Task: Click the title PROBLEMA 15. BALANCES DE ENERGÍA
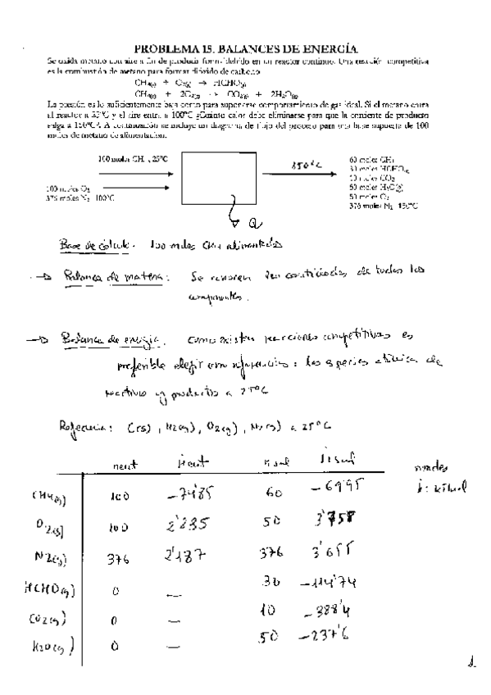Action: point(246,50)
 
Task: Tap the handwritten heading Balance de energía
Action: point(106,338)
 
